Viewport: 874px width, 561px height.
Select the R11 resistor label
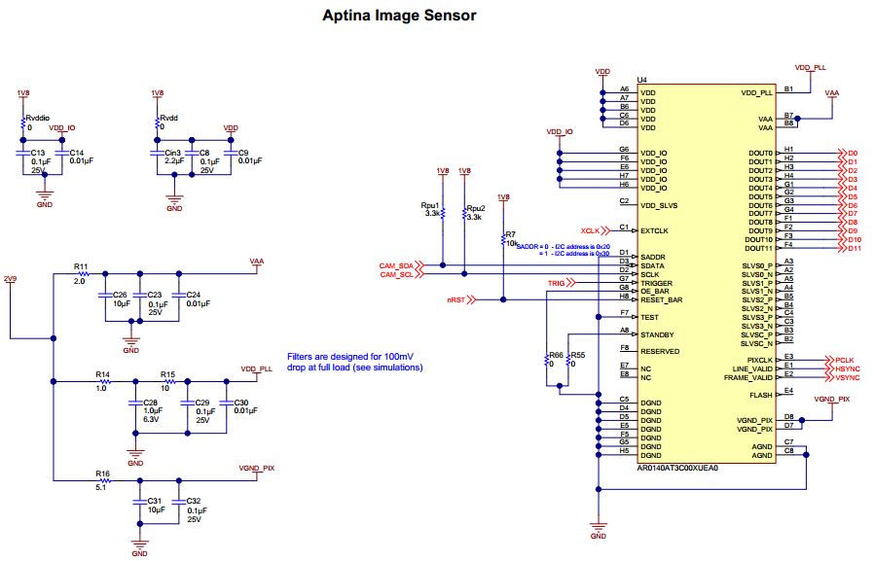point(81,265)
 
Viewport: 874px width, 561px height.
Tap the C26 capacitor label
point(121,295)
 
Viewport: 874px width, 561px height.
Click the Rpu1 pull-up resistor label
point(429,206)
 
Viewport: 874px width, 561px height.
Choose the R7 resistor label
point(510,234)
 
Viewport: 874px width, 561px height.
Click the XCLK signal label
point(590,230)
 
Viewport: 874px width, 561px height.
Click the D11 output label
point(854,249)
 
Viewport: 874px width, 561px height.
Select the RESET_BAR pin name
point(662,300)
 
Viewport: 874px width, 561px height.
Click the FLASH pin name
point(761,396)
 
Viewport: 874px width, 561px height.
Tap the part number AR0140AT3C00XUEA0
point(677,468)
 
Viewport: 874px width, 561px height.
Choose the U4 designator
point(641,81)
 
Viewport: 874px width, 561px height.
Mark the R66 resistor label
point(556,355)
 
